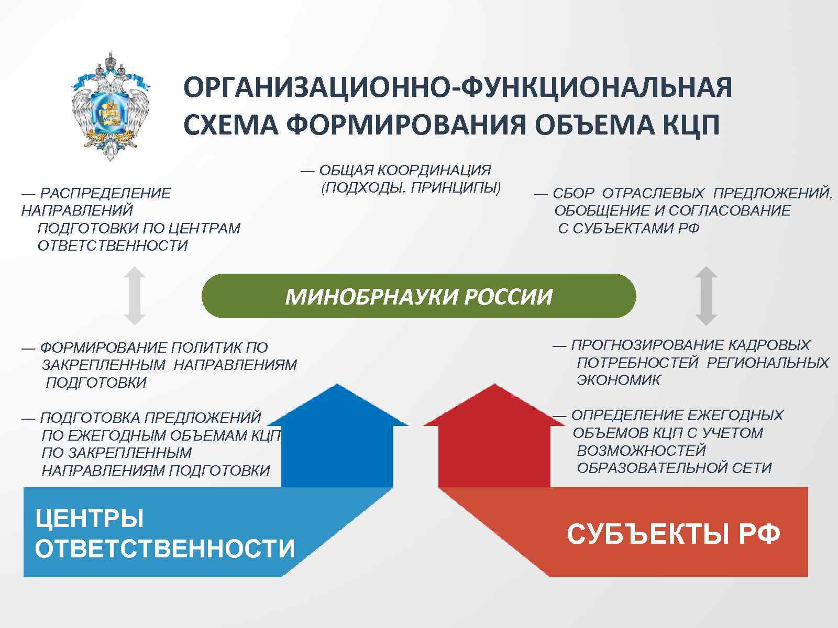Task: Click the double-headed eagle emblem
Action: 110,107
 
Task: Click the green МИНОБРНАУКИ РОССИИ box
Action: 418,296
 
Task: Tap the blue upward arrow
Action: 337,440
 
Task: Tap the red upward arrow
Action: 494,440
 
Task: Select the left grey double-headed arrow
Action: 134,296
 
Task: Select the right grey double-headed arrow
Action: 705,296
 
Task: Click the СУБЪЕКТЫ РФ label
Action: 674,534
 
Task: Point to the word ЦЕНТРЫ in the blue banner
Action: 90,519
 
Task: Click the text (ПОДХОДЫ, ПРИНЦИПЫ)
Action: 411,187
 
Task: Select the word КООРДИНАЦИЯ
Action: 434,170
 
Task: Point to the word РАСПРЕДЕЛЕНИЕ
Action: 105,194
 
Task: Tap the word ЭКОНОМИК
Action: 619,380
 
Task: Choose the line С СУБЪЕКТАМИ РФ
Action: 629,229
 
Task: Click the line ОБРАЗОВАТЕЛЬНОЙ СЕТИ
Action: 674,468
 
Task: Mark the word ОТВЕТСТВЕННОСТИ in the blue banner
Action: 165,549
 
